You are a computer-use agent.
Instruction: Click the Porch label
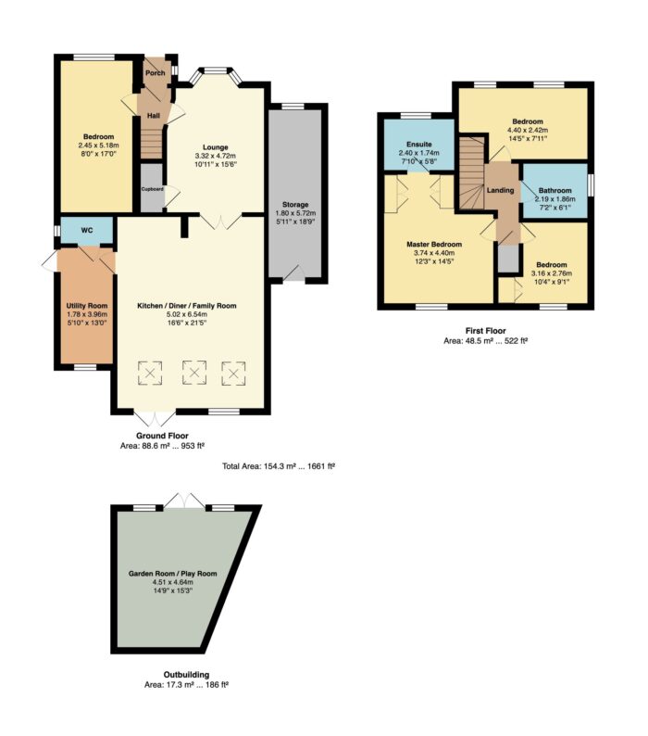coord(156,72)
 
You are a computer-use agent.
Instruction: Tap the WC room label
coord(87,230)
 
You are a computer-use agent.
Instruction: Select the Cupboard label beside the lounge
coord(153,189)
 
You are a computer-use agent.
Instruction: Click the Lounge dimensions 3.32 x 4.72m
coord(215,156)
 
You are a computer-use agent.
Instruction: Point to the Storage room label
coord(295,204)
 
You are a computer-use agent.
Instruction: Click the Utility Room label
coord(87,306)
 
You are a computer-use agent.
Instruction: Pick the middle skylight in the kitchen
coord(194,373)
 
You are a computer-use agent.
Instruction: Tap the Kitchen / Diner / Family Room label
coord(187,306)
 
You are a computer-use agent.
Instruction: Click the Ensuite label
coord(419,144)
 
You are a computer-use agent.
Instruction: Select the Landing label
coord(500,190)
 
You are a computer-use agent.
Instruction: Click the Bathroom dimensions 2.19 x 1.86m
coord(555,198)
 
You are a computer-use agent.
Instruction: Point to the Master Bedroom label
coord(434,244)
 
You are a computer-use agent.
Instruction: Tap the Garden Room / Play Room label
coord(173,573)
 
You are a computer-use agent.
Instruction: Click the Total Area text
coord(279,466)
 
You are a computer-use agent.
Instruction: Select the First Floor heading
coord(486,330)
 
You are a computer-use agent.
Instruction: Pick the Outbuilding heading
coord(186,675)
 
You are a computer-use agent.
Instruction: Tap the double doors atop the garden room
coord(185,501)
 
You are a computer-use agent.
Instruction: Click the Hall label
coord(154,116)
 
